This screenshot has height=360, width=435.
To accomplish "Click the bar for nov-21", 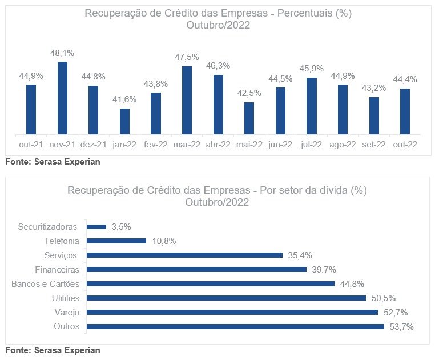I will [62, 98].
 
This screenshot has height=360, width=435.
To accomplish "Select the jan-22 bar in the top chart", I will [124, 121].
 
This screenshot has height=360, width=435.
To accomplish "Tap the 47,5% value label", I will [187, 57].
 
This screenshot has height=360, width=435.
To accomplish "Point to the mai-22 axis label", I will [249, 145].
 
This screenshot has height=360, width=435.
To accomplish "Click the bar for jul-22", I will [311, 106].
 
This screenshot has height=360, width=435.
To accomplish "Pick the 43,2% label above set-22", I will [374, 87].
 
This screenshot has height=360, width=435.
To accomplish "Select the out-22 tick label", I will [405, 145].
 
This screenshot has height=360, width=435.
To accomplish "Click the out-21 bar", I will [31, 109].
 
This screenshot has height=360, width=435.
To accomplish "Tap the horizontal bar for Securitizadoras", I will [96, 227].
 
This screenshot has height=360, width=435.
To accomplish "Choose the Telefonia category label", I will [62, 241].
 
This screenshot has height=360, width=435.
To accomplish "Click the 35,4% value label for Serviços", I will [299, 255].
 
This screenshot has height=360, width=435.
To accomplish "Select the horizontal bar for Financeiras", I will [196, 269].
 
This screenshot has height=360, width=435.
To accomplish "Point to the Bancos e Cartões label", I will [46, 283].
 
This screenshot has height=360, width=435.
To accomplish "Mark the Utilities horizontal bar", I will [225, 298].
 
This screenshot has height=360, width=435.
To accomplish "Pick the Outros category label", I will [66, 326].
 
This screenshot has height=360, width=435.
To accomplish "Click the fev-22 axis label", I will [155, 145].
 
